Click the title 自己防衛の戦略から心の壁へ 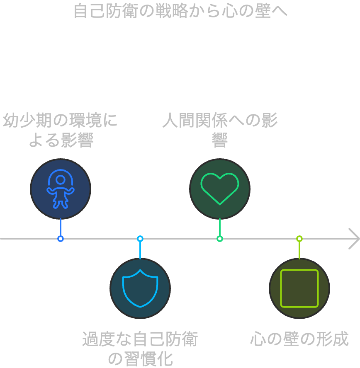click(x=180, y=11)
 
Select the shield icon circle click(x=140, y=288)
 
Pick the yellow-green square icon click(x=299, y=288)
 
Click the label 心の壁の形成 click(x=299, y=339)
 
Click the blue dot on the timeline click(x=61, y=239)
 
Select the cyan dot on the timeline click(x=140, y=239)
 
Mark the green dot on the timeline click(x=220, y=239)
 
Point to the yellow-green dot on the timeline click(x=299, y=239)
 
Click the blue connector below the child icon click(x=61, y=227)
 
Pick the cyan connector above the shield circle click(x=140, y=250)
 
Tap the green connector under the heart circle click(x=220, y=227)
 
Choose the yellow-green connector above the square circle click(x=299, y=250)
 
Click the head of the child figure click(x=61, y=180)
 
